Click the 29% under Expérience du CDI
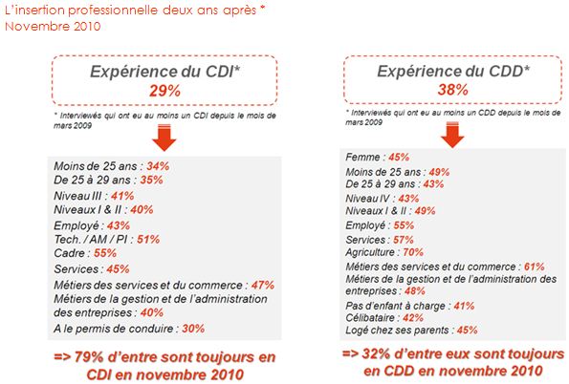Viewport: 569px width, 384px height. point(164,91)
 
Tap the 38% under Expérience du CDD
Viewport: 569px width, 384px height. point(453,89)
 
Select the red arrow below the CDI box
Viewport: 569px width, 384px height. point(164,138)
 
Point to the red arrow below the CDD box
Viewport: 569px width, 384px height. point(452,135)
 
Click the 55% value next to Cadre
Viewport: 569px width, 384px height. point(105,253)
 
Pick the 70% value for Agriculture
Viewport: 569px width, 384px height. point(413,252)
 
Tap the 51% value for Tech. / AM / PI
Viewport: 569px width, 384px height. point(148,239)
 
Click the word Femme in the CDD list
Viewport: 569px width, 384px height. point(362,157)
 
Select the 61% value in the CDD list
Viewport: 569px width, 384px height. point(535,267)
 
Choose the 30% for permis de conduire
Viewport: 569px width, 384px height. point(193,329)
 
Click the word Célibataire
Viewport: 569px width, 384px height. point(370,318)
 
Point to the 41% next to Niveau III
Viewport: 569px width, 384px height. point(122,196)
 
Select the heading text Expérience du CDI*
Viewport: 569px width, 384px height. point(165,72)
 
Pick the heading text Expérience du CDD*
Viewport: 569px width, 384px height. point(453,71)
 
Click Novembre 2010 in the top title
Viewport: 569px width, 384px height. point(53,26)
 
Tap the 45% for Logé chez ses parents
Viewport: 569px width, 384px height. point(468,330)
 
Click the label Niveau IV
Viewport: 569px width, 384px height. point(367,199)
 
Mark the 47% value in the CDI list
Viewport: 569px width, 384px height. point(263,285)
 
